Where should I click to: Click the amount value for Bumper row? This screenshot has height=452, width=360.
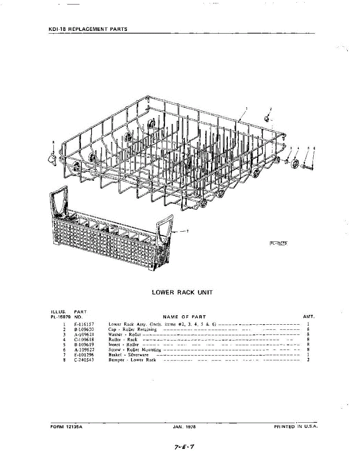308,360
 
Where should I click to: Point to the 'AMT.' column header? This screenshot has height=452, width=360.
308,317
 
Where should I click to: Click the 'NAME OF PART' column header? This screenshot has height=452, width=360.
184,317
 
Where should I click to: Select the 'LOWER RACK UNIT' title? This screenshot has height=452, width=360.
182,292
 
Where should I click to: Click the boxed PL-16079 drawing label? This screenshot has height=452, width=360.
279,243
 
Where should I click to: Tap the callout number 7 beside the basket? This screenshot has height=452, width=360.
188,231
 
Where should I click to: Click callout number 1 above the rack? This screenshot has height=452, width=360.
247,108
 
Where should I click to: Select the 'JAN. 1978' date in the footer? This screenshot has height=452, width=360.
182,427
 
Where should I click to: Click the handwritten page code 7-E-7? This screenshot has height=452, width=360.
184,447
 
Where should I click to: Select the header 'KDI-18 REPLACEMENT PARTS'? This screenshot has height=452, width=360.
88,29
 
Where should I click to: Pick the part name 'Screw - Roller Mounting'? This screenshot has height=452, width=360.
134,350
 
